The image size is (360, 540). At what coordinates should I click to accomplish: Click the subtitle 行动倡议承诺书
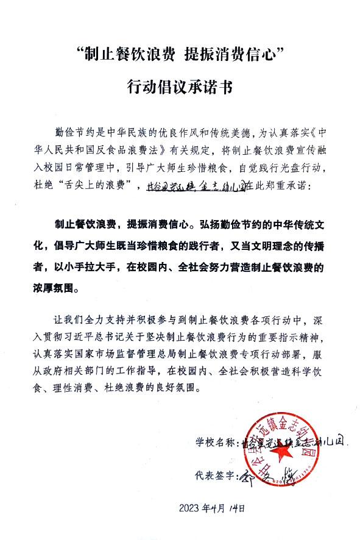tap(180, 87)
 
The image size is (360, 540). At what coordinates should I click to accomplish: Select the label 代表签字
tap(214, 473)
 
